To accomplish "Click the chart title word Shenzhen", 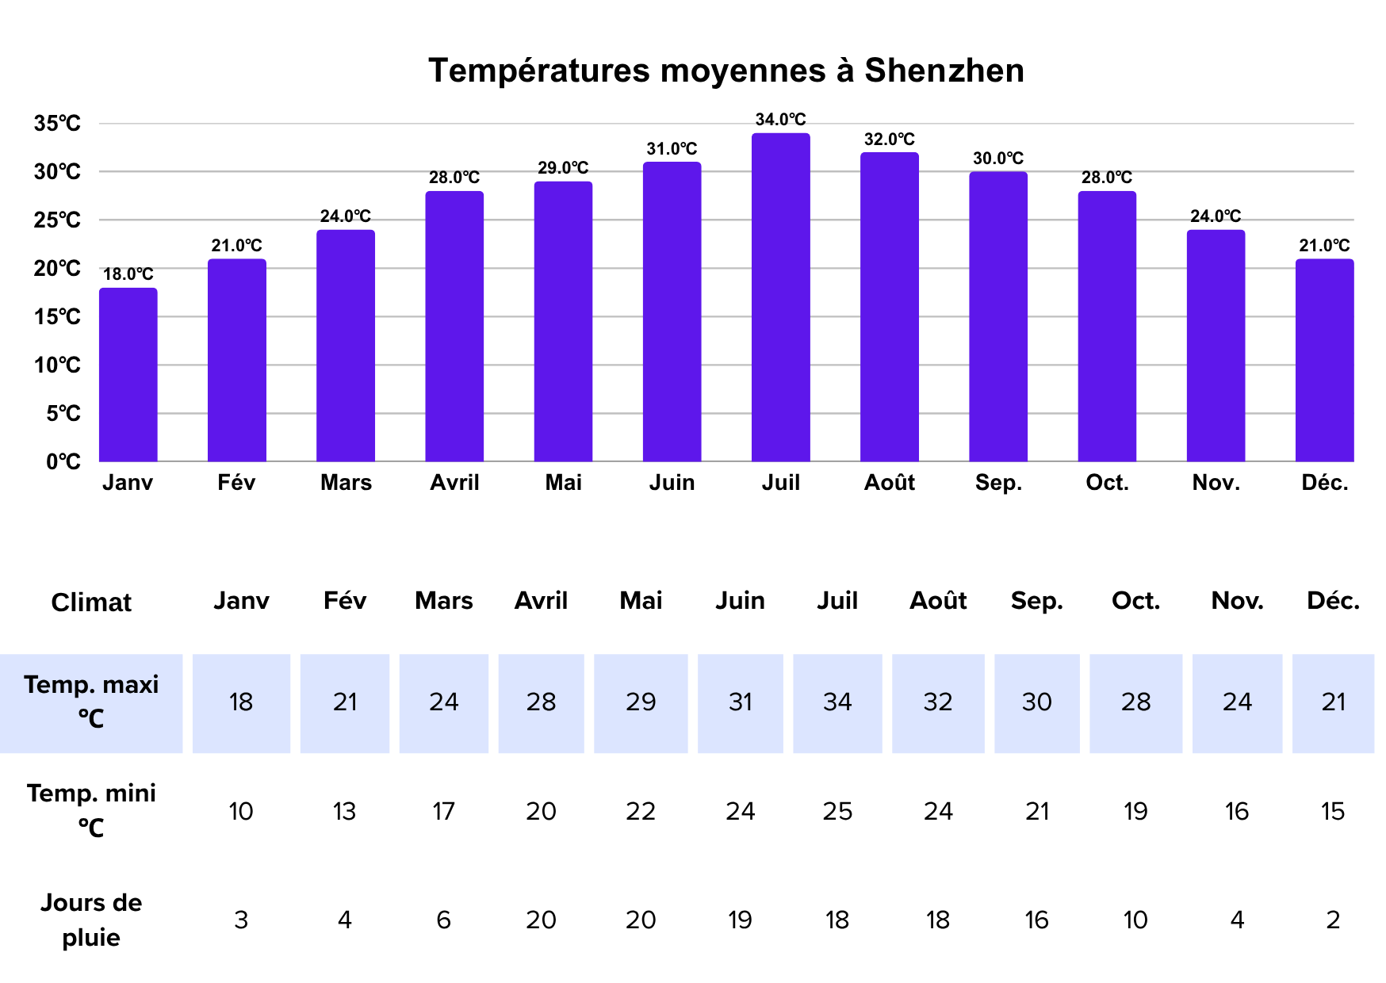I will pyautogui.click(x=944, y=71).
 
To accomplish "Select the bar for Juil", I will pyautogui.click(x=780, y=297).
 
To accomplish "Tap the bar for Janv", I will pyautogui.click(x=128, y=374).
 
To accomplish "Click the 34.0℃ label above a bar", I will pyautogui.click(x=780, y=120).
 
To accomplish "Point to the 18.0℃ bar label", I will pyautogui.click(x=128, y=274).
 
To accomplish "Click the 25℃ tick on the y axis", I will pyautogui.click(x=57, y=220).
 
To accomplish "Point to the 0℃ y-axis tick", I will pyautogui.click(x=63, y=461).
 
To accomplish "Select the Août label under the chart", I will pyautogui.click(x=889, y=483).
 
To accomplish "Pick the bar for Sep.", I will pyautogui.click(x=997, y=317).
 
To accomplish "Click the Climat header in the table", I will pyautogui.click(x=91, y=602).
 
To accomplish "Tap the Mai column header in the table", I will pyautogui.click(x=641, y=601).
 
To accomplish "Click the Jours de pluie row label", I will pyautogui.click(x=91, y=920).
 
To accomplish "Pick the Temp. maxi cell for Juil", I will pyautogui.click(x=837, y=702).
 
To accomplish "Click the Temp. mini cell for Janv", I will pyautogui.click(x=241, y=811).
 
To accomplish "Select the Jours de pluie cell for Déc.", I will pyautogui.click(x=1333, y=920).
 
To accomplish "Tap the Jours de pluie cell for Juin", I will pyautogui.click(x=740, y=920).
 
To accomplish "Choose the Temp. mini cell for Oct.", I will pyautogui.click(x=1135, y=811).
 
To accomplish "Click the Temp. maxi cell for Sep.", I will pyautogui.click(x=1036, y=702).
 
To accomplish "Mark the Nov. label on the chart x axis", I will pyautogui.click(x=1216, y=483).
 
